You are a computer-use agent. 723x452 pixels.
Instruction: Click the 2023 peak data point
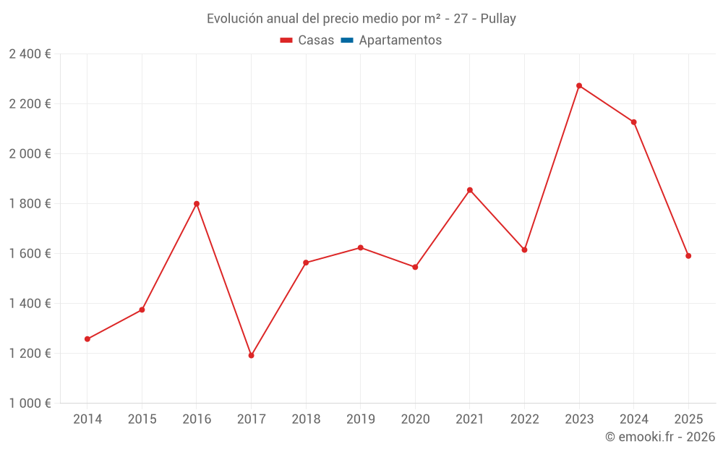(x=579, y=85)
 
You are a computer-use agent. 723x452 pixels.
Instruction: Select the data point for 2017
(x=251, y=355)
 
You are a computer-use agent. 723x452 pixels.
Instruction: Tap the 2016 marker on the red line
(x=197, y=204)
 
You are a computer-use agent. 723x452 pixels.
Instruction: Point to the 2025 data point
(x=688, y=256)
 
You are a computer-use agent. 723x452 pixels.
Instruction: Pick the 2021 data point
(x=470, y=190)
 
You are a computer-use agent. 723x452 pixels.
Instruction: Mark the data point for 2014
(x=87, y=339)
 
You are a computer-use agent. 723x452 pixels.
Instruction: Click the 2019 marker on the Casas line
(x=361, y=247)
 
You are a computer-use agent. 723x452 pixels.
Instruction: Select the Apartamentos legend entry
(x=400, y=40)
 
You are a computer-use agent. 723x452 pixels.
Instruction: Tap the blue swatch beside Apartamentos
(x=346, y=40)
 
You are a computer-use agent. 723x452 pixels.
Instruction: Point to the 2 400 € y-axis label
(x=30, y=54)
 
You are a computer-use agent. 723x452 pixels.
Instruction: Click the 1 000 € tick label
(x=30, y=404)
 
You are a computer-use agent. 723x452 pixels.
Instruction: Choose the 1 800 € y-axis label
(x=30, y=204)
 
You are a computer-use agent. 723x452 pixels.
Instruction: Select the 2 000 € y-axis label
(x=30, y=154)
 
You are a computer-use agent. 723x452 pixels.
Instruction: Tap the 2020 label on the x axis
(x=415, y=419)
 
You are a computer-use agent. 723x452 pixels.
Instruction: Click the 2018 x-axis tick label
(x=306, y=419)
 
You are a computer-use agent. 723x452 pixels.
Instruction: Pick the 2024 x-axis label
(x=633, y=419)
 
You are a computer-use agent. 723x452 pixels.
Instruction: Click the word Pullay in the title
(x=498, y=19)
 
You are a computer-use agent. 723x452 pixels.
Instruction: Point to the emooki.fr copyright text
(x=660, y=437)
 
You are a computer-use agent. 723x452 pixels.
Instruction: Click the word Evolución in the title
(x=232, y=19)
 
